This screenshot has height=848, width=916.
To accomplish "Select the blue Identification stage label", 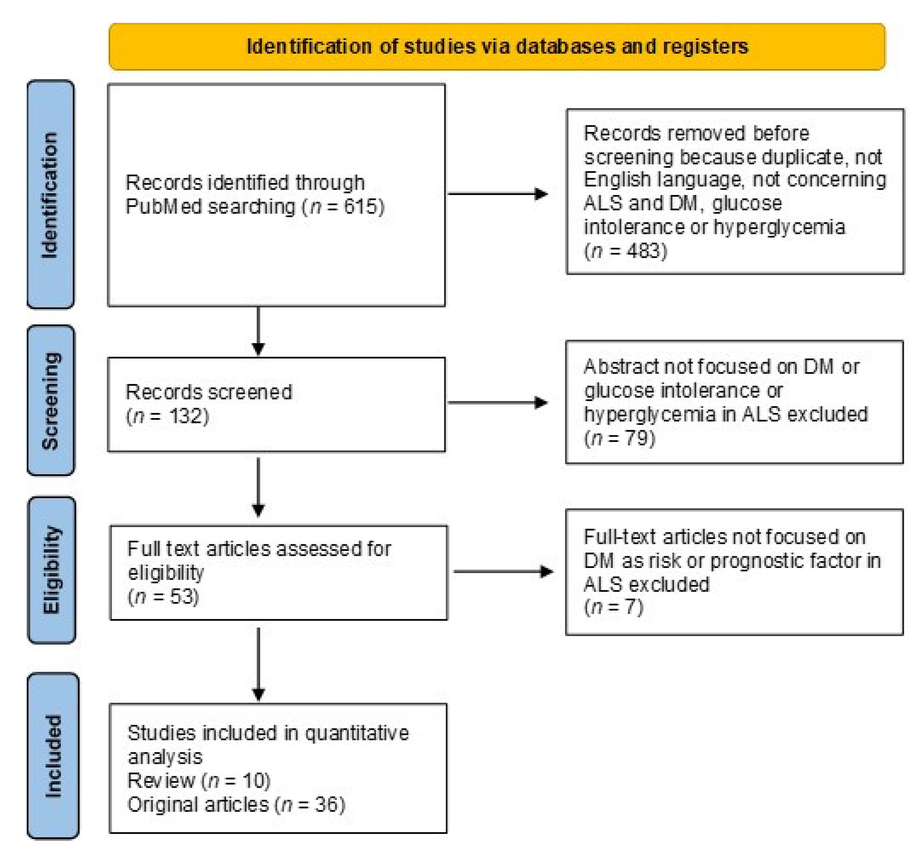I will pos(50,194).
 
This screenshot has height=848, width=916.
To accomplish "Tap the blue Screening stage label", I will pos(50,400).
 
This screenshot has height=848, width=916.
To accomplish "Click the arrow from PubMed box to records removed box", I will pos(498,194).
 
